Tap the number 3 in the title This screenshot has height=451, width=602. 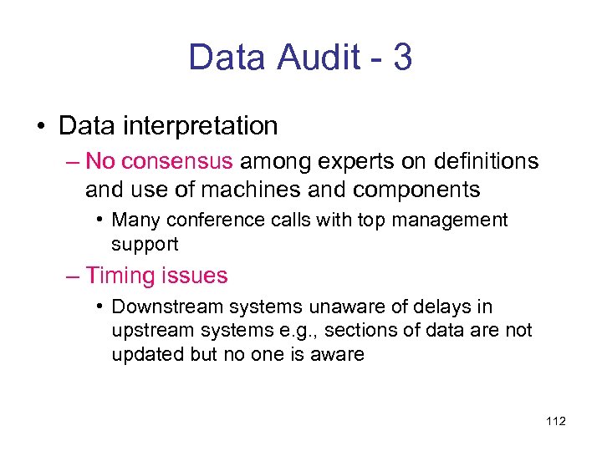click(400, 58)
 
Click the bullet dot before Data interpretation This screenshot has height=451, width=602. click(40, 127)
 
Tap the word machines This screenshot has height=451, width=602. click(258, 190)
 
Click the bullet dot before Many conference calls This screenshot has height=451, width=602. click(99, 220)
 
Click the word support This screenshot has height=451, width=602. click(145, 244)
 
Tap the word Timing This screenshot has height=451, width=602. click(120, 275)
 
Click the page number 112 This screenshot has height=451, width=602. click(555, 421)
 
